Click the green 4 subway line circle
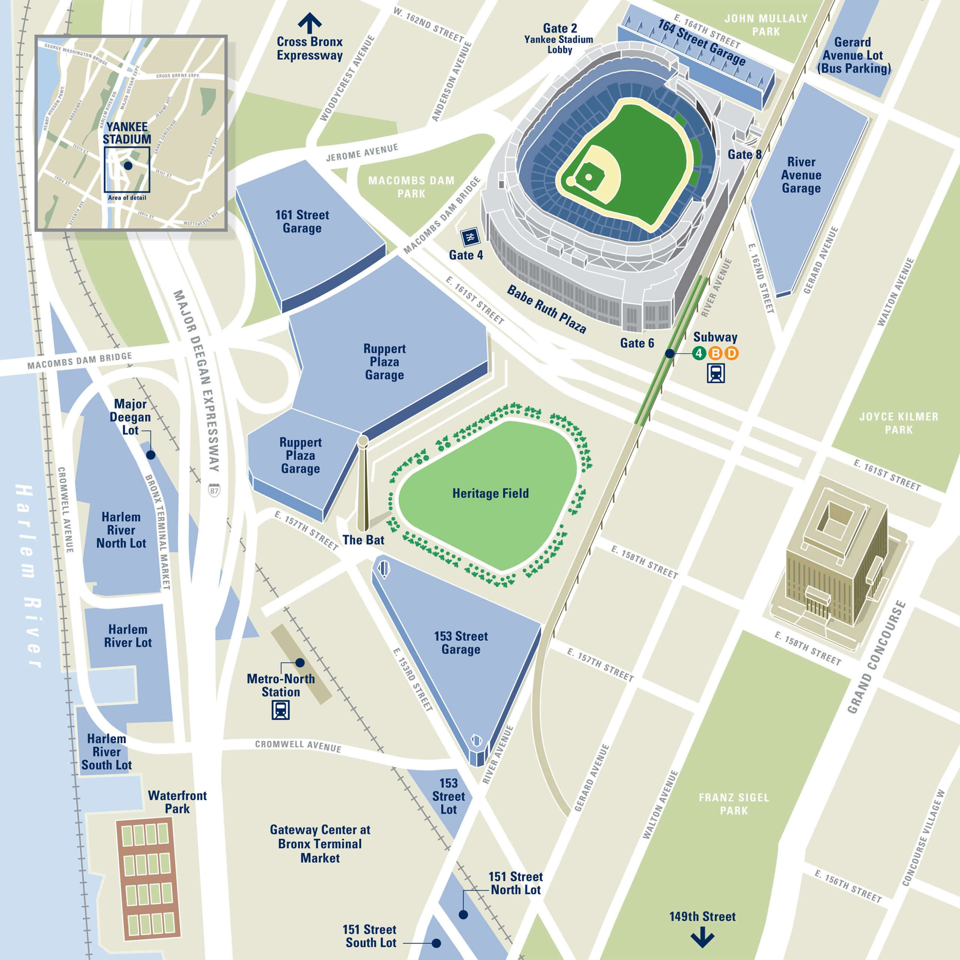699,353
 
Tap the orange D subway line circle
731,353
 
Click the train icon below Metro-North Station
281,709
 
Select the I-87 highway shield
214,490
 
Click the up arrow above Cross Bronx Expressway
310,22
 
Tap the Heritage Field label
490,493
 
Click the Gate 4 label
466,255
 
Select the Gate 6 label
637,343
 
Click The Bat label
363,540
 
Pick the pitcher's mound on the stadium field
589,177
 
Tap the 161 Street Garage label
302,222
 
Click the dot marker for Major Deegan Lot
150,454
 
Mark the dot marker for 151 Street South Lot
436,943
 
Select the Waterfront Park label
177,802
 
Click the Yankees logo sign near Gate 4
469,237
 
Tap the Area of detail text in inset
127,198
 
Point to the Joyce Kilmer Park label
898,423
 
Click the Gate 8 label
744,154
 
